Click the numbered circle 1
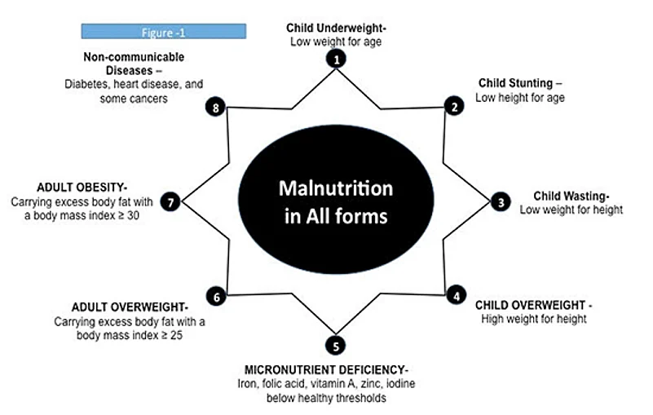(x=336, y=58)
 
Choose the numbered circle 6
(x=216, y=297)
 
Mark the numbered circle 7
(x=170, y=202)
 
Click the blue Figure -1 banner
(x=163, y=32)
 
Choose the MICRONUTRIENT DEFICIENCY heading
(x=336, y=369)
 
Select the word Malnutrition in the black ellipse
(x=335, y=188)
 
